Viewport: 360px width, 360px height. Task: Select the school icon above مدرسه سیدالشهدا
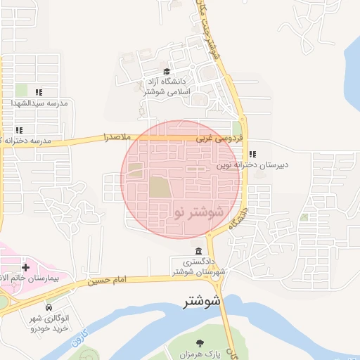[39, 92]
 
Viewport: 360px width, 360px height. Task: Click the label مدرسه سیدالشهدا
[39, 103]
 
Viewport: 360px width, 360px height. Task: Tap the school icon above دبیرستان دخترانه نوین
[252, 155]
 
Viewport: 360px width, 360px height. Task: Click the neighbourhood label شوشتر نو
[198, 211]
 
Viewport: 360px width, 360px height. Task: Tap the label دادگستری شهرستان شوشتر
[198, 267]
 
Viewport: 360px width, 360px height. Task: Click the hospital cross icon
[26, 267]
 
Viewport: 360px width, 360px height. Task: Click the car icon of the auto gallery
[48, 308]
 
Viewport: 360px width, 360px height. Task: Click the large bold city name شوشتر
[202, 302]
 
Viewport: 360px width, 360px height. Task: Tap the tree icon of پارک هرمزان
[200, 343]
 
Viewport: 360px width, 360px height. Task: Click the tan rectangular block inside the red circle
[160, 188]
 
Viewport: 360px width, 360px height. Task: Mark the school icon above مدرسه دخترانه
[19, 130]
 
